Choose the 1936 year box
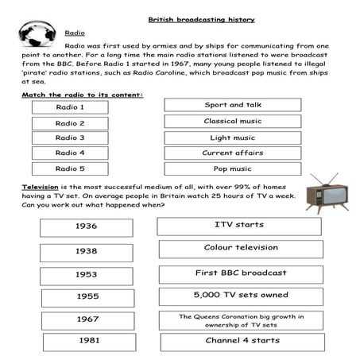point(87,226)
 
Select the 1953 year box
point(87,273)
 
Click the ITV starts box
point(239,225)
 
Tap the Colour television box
point(240,248)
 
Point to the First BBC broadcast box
point(240,273)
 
